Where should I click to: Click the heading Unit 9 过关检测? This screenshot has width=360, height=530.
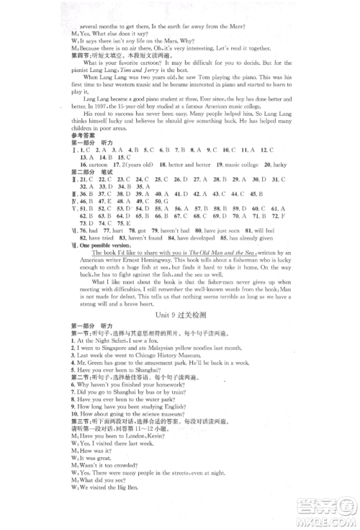(180, 315)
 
